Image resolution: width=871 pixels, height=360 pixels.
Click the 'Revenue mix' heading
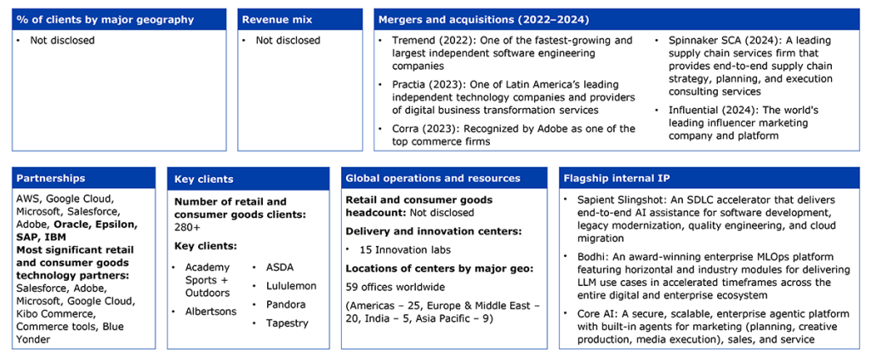coord(270,20)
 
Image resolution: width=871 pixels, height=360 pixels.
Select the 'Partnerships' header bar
coord(84,178)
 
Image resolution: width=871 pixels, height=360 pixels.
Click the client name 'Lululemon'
coord(291,286)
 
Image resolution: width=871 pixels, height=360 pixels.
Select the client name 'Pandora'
coord(286,305)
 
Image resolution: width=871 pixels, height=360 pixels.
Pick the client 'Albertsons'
coord(211,311)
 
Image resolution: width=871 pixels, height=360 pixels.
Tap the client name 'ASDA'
coord(279,268)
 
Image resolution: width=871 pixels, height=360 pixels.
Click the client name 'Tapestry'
coord(287,323)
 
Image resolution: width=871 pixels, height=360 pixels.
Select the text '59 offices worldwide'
coord(391,287)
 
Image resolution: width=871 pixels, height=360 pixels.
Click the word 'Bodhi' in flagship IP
coord(588,257)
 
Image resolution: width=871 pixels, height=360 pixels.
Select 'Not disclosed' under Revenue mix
coord(287,41)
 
